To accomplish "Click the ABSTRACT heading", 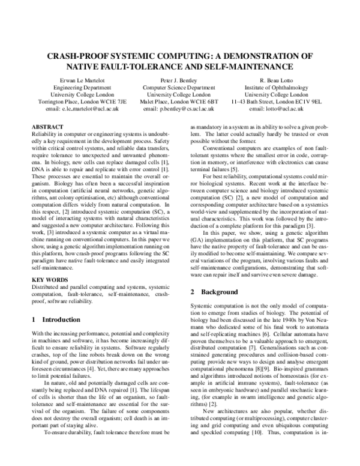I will tap(47, 128).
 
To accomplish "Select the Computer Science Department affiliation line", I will tap(179, 86).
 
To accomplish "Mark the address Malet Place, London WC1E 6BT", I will tap(179, 101).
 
